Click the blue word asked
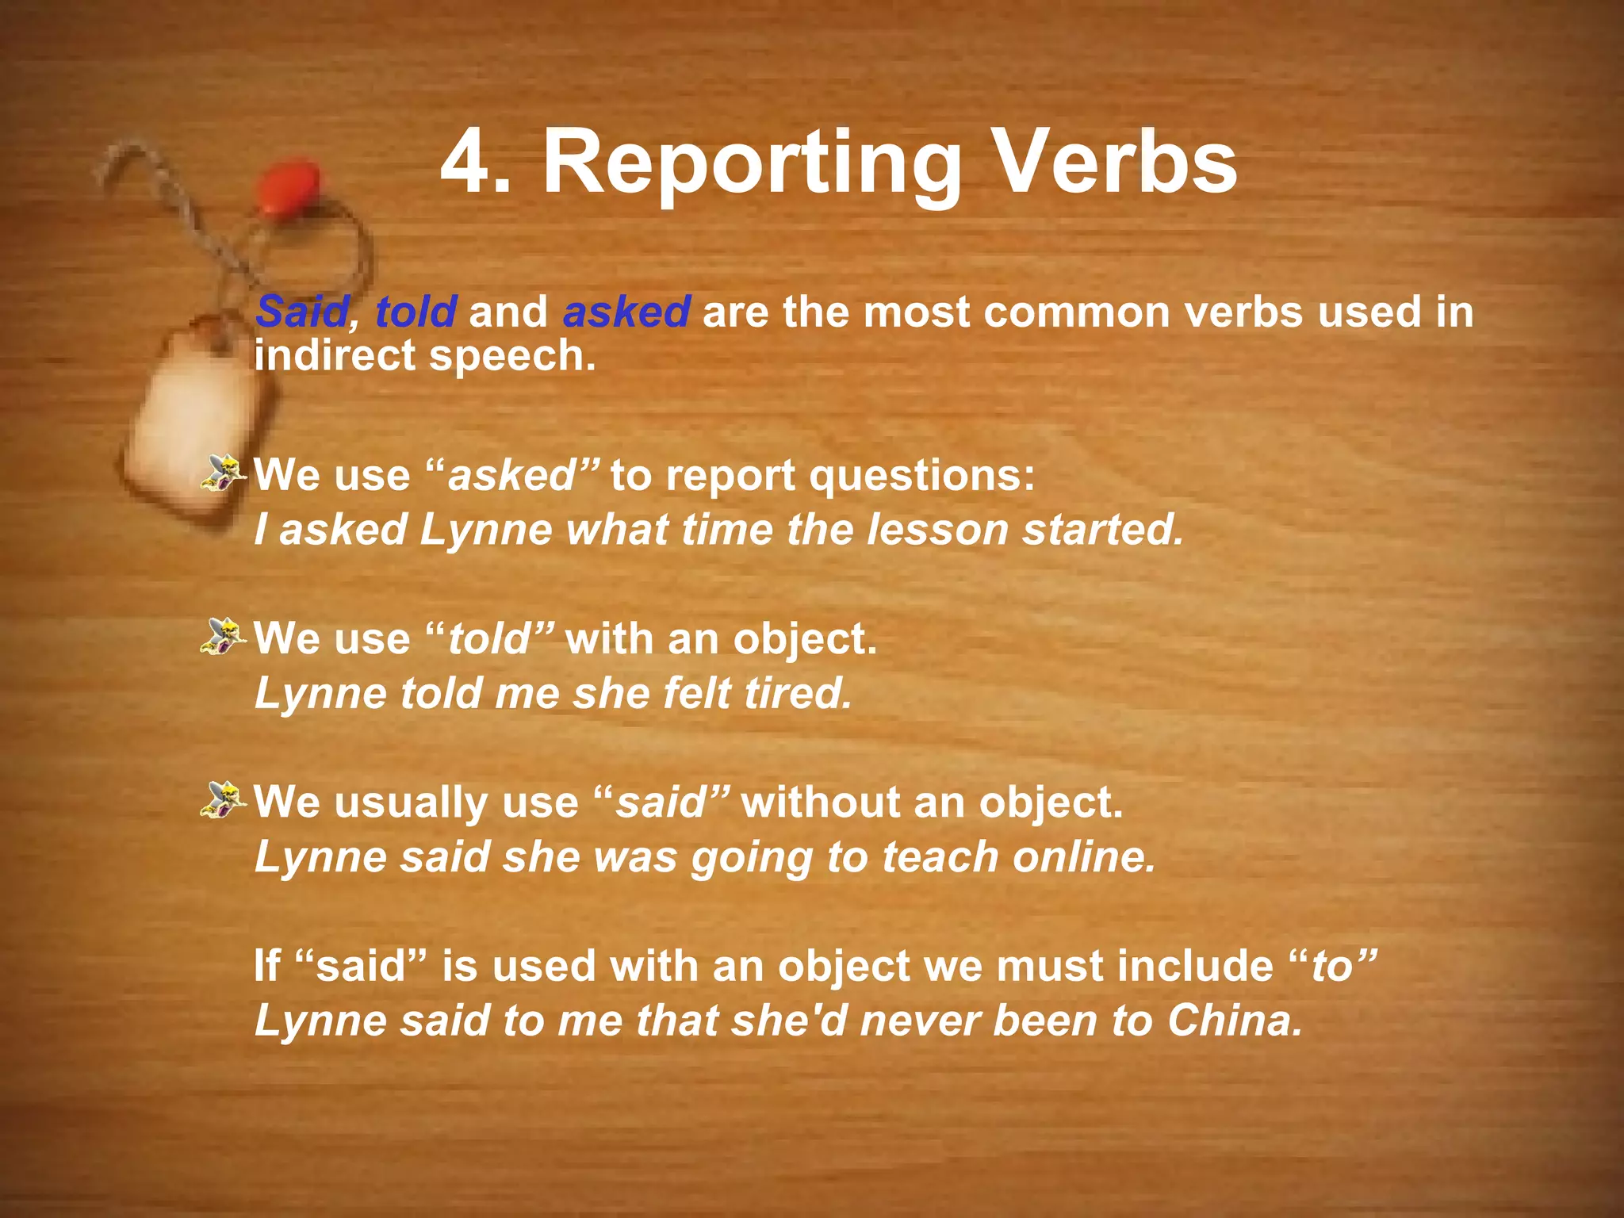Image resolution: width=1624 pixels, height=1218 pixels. (626, 312)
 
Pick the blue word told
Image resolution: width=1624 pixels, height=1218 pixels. (416, 312)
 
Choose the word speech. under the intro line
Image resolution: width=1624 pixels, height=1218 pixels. (512, 356)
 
